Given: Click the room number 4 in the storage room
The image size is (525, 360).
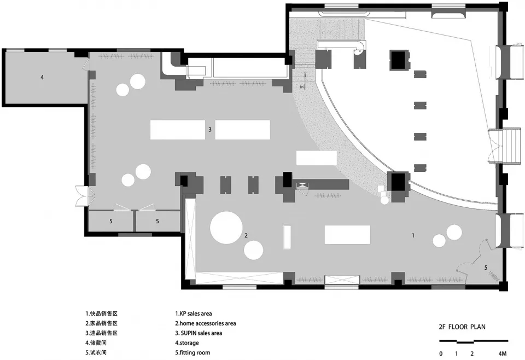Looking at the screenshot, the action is point(42,77).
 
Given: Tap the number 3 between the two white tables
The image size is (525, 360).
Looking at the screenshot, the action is point(210,129).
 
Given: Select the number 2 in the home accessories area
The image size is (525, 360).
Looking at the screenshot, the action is point(246,235).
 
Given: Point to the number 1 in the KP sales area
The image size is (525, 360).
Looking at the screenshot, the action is point(413,235).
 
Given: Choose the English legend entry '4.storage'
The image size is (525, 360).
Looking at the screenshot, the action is point(187,343).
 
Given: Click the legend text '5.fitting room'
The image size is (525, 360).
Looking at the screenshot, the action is point(193,353).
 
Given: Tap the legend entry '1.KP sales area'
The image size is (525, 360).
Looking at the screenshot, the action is point(194,314).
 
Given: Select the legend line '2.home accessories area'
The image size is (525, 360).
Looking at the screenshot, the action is point(206,323).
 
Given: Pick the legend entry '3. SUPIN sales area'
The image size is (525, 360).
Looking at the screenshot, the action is point(199,333).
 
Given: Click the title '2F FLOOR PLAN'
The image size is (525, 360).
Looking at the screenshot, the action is point(462,327).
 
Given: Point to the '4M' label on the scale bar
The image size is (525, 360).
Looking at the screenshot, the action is point(502,353).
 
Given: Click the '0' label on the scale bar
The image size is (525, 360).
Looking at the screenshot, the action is point(441,353).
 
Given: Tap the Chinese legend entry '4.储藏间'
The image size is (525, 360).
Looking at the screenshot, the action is point(96,343).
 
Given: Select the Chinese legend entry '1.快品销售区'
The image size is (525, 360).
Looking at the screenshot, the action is point(102,314).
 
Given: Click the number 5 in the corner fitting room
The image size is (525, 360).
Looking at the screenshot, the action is point(486,267).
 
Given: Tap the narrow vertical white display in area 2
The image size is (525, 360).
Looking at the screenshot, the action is point(287,237).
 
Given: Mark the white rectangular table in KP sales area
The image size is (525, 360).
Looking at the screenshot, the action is point(348,235).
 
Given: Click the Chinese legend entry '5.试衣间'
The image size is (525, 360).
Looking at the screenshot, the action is point(96,353).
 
